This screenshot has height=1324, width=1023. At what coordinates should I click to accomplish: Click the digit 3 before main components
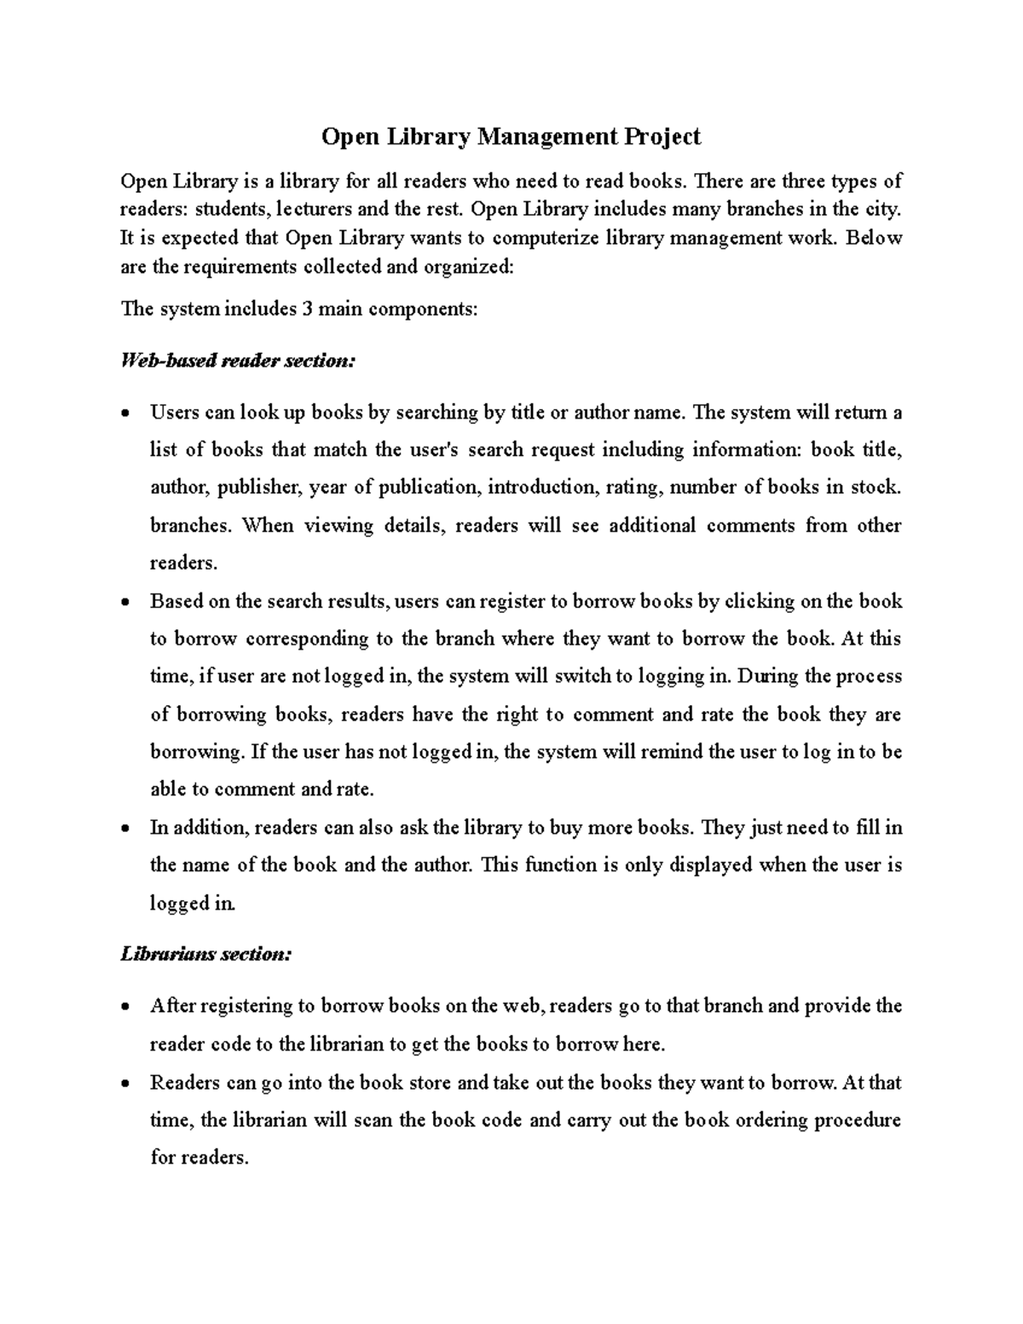(306, 309)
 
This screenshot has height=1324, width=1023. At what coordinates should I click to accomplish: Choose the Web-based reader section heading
(238, 361)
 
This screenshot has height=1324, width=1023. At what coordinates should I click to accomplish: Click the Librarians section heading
(206, 954)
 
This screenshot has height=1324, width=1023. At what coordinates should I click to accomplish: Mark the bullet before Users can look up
(125, 413)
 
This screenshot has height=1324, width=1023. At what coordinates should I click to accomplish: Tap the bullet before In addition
(125, 828)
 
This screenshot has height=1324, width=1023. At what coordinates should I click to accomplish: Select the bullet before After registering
(125, 1007)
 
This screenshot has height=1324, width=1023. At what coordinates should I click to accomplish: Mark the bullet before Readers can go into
(125, 1084)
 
